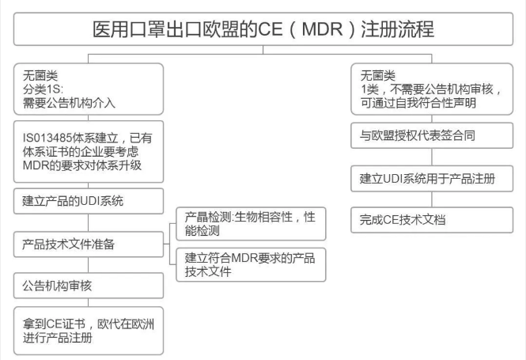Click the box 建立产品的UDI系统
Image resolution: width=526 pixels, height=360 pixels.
tap(88, 201)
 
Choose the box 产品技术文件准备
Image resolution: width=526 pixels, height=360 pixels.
tap(88, 244)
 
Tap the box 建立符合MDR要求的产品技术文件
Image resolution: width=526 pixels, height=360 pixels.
tap(250, 263)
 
